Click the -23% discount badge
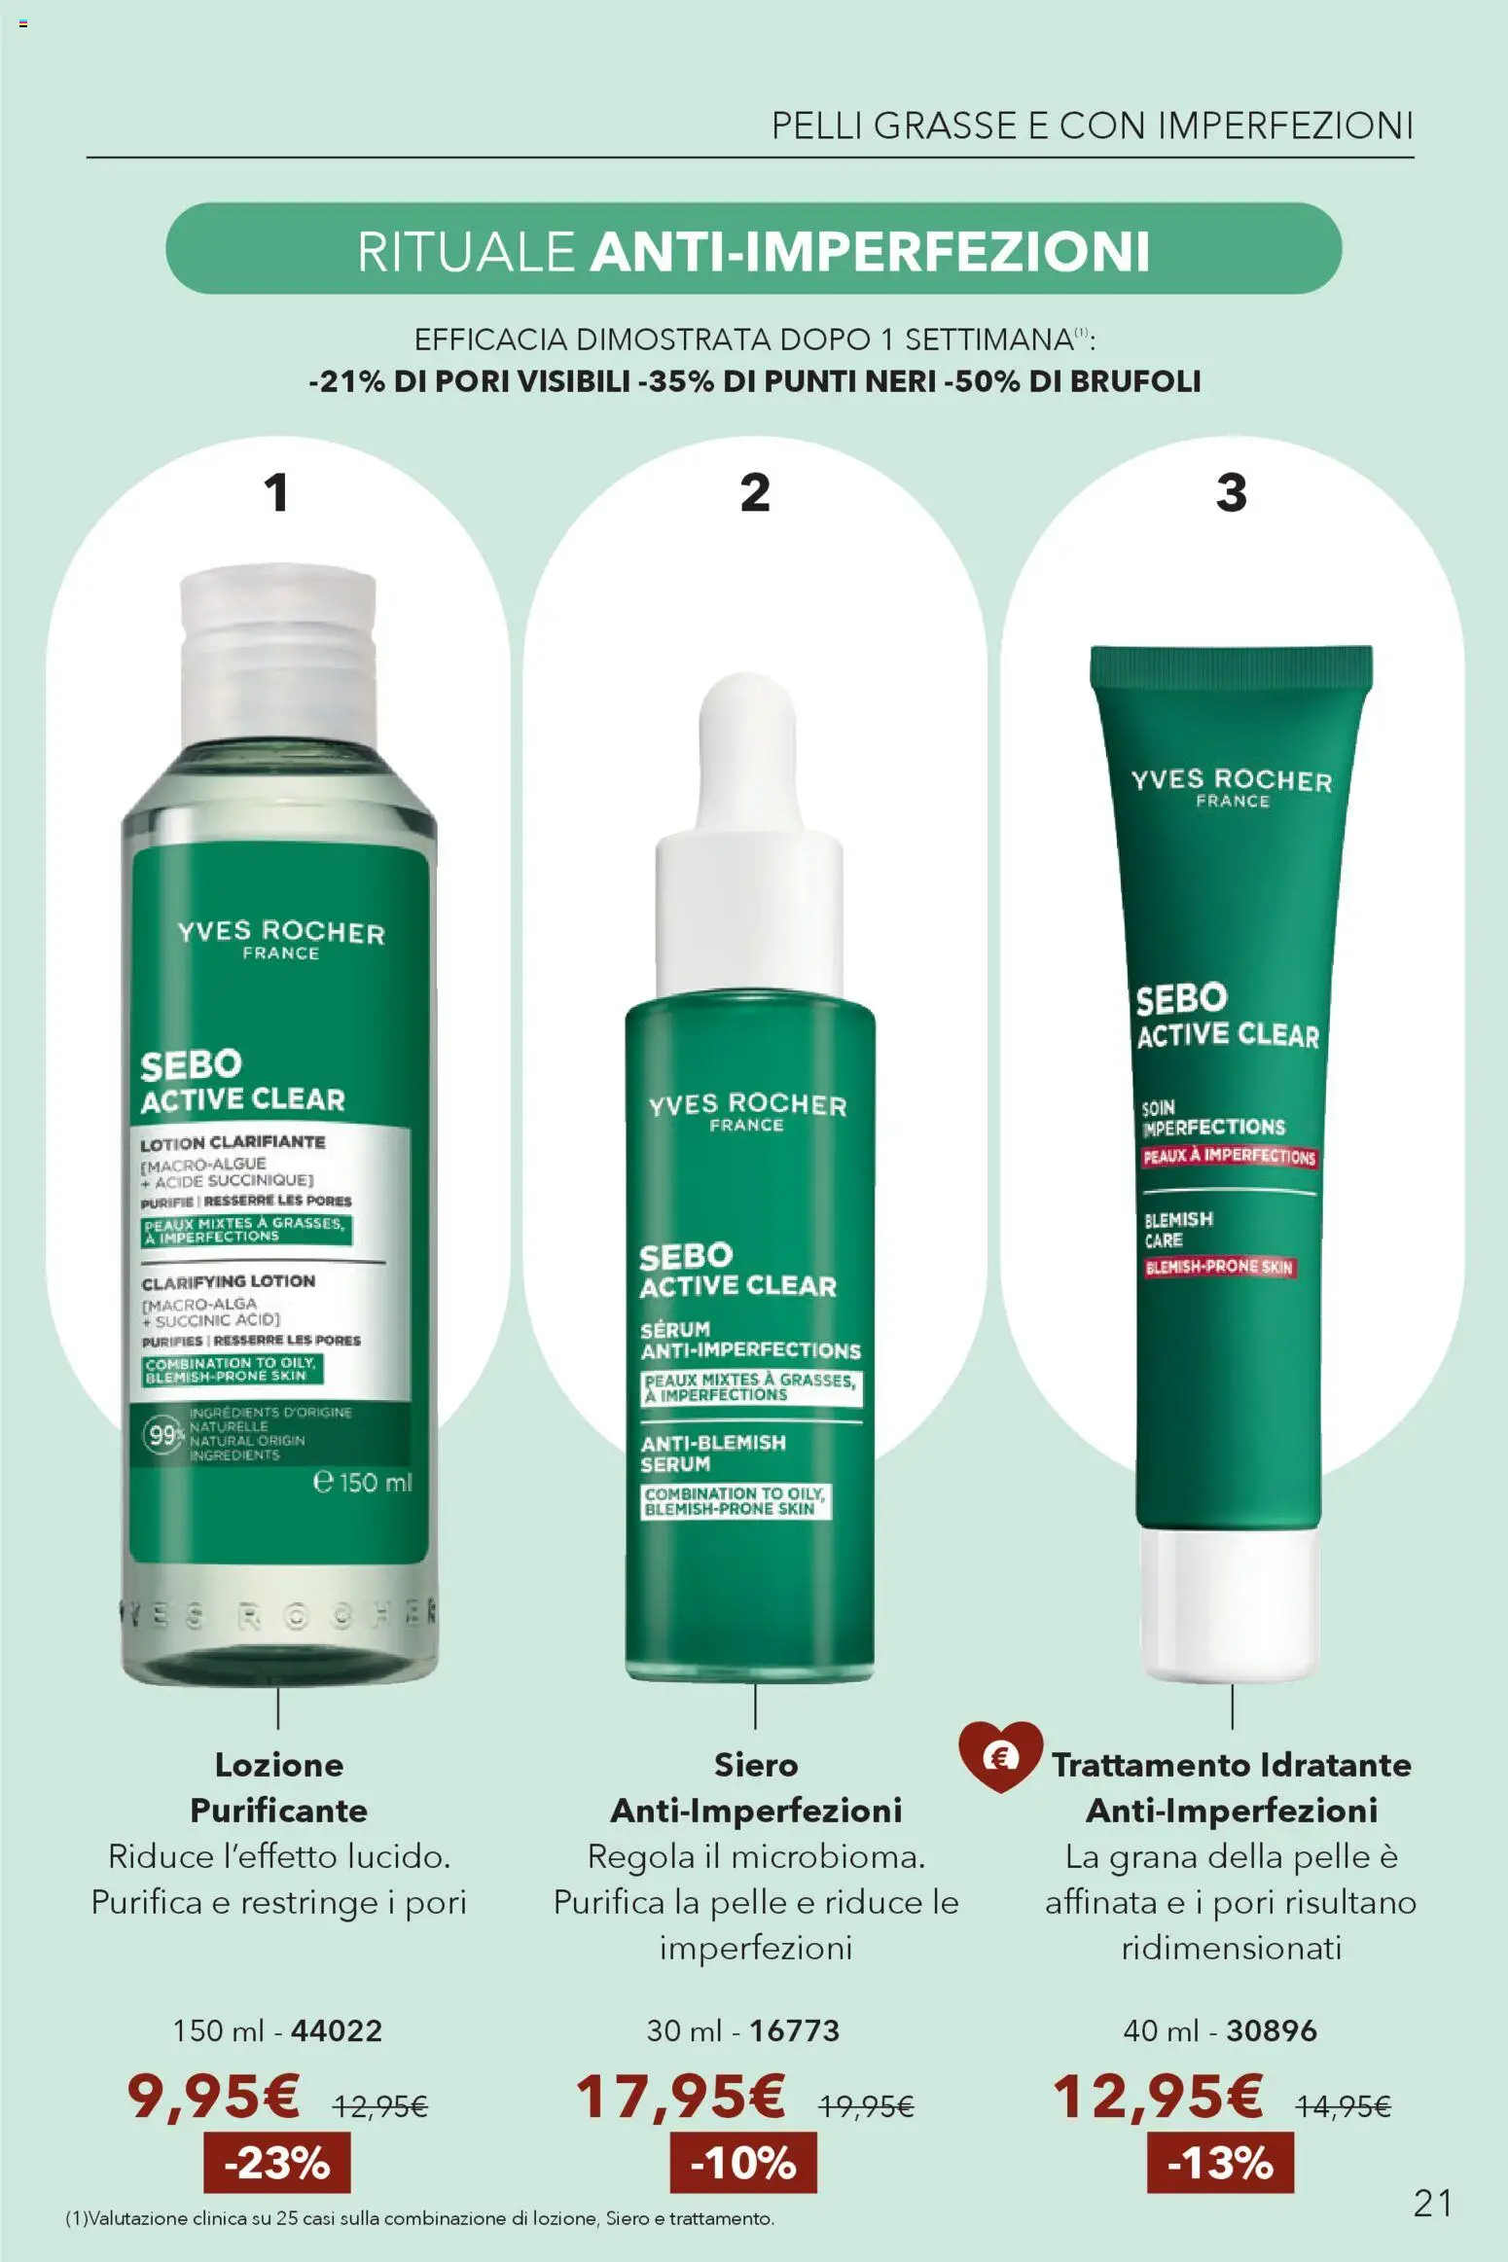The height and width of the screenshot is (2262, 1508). click(x=276, y=2163)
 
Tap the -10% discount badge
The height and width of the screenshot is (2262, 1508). click(x=743, y=2163)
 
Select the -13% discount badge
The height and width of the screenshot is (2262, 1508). click(x=1220, y=2163)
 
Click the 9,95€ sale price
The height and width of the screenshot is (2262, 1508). click(x=213, y=2096)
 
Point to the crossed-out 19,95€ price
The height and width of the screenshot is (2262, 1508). click(x=866, y=2106)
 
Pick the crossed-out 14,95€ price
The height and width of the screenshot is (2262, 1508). click(x=1343, y=2106)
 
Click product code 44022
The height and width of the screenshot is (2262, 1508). click(x=337, y=2030)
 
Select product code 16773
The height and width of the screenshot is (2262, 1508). click(x=794, y=2030)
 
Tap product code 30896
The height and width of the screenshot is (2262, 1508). click(x=1272, y=2030)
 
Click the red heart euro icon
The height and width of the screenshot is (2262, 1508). click(x=1000, y=1755)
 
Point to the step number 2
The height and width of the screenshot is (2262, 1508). click(x=755, y=492)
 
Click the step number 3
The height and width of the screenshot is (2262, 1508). click(x=1232, y=492)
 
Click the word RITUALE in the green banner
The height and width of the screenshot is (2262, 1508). click(x=466, y=251)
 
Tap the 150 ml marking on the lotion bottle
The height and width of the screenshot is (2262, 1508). click(x=363, y=1483)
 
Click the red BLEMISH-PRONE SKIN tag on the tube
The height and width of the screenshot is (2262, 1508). click(x=1219, y=1267)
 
